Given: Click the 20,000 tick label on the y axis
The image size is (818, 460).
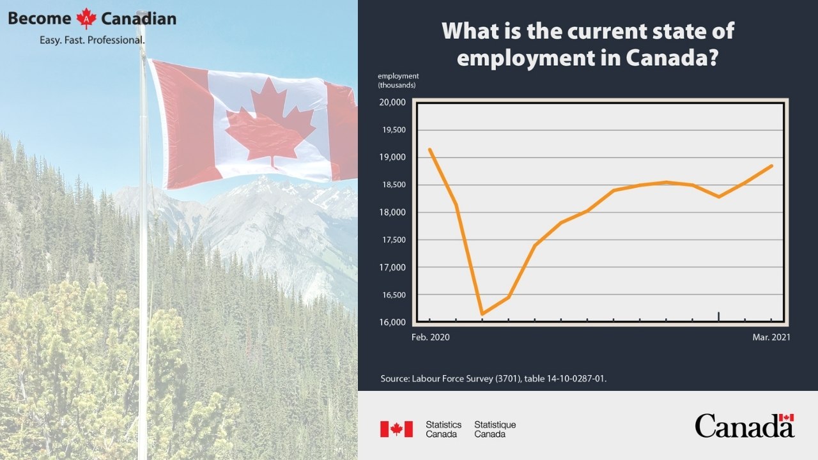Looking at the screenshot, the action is click(392, 102).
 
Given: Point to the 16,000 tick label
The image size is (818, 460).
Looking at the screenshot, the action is click(392, 323).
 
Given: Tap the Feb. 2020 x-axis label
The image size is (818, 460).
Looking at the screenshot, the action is click(431, 337).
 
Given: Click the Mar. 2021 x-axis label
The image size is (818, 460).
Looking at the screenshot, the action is click(771, 337).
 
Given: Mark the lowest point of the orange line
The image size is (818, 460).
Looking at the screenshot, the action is click(482, 314).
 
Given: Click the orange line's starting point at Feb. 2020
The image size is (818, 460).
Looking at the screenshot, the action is click(430, 149).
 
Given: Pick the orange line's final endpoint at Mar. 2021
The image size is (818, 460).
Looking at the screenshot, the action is click(771, 166).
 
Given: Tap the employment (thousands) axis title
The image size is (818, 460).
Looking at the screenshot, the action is click(398, 80).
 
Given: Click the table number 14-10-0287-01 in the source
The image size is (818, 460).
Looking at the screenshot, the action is click(576, 379).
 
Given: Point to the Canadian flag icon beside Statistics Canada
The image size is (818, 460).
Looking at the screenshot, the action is click(397, 429).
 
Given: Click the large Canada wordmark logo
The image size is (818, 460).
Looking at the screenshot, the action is click(745, 425).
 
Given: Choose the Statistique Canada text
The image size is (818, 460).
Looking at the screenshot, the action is click(495, 429).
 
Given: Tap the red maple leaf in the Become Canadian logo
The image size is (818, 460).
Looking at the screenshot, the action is click(86, 19).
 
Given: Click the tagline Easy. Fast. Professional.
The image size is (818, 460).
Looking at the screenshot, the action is click(92, 40).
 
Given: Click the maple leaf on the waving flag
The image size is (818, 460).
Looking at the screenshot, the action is click(270, 123).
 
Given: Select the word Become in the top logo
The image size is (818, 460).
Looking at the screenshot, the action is click(40, 19).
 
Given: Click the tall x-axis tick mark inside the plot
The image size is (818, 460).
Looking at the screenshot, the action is click(719, 316).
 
